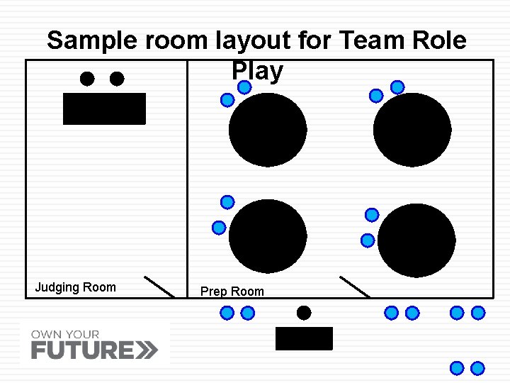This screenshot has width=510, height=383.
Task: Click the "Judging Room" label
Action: (75, 287)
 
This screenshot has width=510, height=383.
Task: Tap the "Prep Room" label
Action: (232, 292)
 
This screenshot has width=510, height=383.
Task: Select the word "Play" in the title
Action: (256, 71)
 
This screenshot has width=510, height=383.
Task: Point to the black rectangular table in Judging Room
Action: (104, 109)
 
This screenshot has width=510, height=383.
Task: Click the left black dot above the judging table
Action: (87, 79)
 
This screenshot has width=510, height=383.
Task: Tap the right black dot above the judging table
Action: (117, 79)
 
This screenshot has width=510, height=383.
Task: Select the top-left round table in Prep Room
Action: (268, 130)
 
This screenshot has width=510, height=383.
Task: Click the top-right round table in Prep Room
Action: (412, 130)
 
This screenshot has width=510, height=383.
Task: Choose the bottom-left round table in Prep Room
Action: (268, 236)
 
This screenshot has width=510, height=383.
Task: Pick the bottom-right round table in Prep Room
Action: (416, 240)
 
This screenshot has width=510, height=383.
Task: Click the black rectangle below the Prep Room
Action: (304, 338)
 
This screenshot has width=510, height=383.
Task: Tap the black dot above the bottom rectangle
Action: (304, 312)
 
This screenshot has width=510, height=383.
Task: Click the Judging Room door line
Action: (159, 287)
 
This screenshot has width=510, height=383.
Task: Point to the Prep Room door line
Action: (354, 287)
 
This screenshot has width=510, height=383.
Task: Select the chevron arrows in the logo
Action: (147, 350)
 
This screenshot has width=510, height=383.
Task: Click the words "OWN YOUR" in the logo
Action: (65, 334)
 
